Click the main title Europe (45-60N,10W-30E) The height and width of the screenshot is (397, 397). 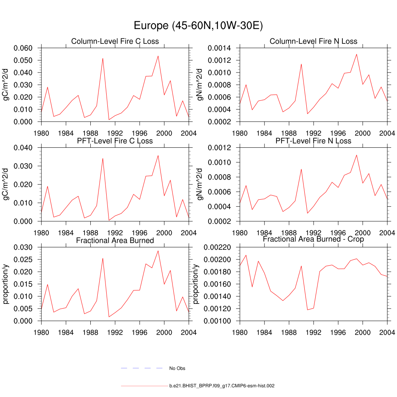[198, 26]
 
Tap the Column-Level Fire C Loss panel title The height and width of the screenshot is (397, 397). [115, 41]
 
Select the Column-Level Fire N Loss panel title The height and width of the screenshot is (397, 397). [313, 41]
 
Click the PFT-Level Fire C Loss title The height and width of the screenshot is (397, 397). [115, 141]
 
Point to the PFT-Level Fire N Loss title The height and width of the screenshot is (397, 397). [313, 141]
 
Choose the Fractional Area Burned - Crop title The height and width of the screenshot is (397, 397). [313, 239]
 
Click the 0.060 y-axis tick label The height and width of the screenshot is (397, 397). [24, 48]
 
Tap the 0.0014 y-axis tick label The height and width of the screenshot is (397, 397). [220, 48]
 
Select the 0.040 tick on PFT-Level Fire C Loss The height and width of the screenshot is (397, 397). [24, 148]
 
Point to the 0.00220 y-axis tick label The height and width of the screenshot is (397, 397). [218, 247]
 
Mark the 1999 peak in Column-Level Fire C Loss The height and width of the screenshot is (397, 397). [158, 56]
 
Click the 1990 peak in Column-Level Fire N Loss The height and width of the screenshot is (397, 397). [301, 64]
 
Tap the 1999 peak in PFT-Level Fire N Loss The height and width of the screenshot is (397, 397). [356, 155]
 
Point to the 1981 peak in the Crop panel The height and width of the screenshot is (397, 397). [246, 255]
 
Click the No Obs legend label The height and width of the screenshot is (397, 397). [177, 368]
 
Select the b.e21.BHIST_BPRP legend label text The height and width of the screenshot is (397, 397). [222, 386]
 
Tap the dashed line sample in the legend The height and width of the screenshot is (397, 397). [142, 368]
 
